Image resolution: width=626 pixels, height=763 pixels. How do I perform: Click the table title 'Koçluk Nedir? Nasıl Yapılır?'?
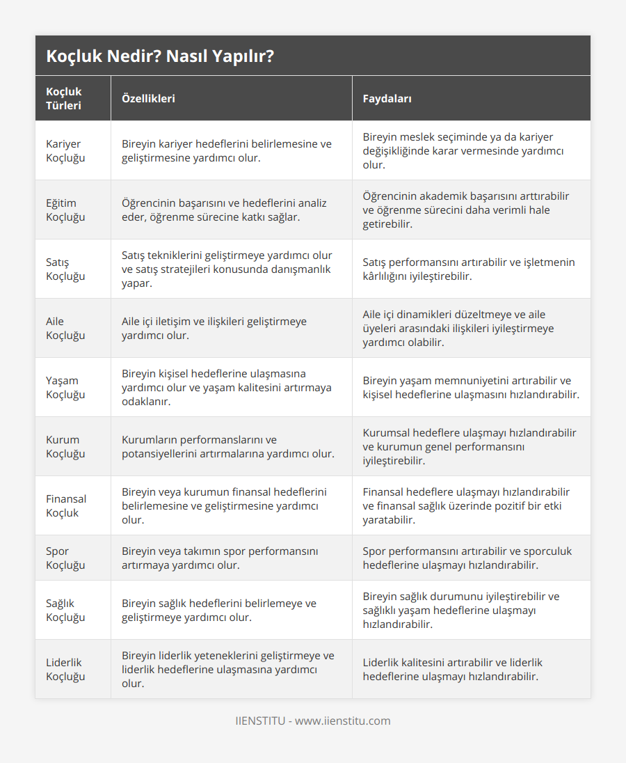[x=160, y=56]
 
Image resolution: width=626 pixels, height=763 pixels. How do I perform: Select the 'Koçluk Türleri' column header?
[x=64, y=99]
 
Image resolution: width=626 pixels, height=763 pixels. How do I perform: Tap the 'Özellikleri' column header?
[x=148, y=99]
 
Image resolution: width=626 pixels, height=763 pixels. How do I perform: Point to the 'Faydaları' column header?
[x=387, y=99]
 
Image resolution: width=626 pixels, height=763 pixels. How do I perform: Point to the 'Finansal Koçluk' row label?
[x=66, y=506]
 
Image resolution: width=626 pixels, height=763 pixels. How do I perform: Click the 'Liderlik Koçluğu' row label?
[x=65, y=670]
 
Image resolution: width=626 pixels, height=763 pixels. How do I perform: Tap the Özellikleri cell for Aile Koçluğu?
[x=214, y=329]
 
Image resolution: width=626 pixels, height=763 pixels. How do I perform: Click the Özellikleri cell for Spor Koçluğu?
[x=220, y=558]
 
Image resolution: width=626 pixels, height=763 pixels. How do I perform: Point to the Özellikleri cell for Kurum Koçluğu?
[x=227, y=447]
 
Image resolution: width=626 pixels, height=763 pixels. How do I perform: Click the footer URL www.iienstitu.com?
[x=343, y=721]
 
